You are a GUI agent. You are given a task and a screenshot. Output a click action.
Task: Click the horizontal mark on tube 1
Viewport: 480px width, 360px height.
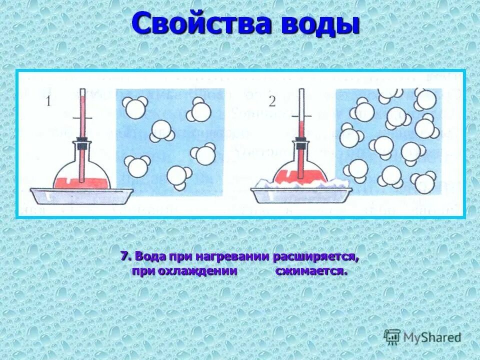[82, 118]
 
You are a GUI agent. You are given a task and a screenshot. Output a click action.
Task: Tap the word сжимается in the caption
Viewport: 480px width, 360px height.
[310, 272]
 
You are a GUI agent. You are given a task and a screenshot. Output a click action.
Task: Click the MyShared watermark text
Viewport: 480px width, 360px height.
[433, 337]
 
